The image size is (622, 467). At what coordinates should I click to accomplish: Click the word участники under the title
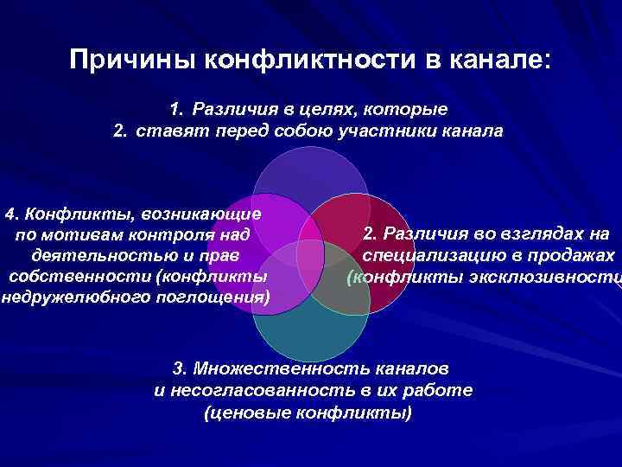click(x=405, y=131)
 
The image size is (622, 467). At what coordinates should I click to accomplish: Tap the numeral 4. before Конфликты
click(x=14, y=213)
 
